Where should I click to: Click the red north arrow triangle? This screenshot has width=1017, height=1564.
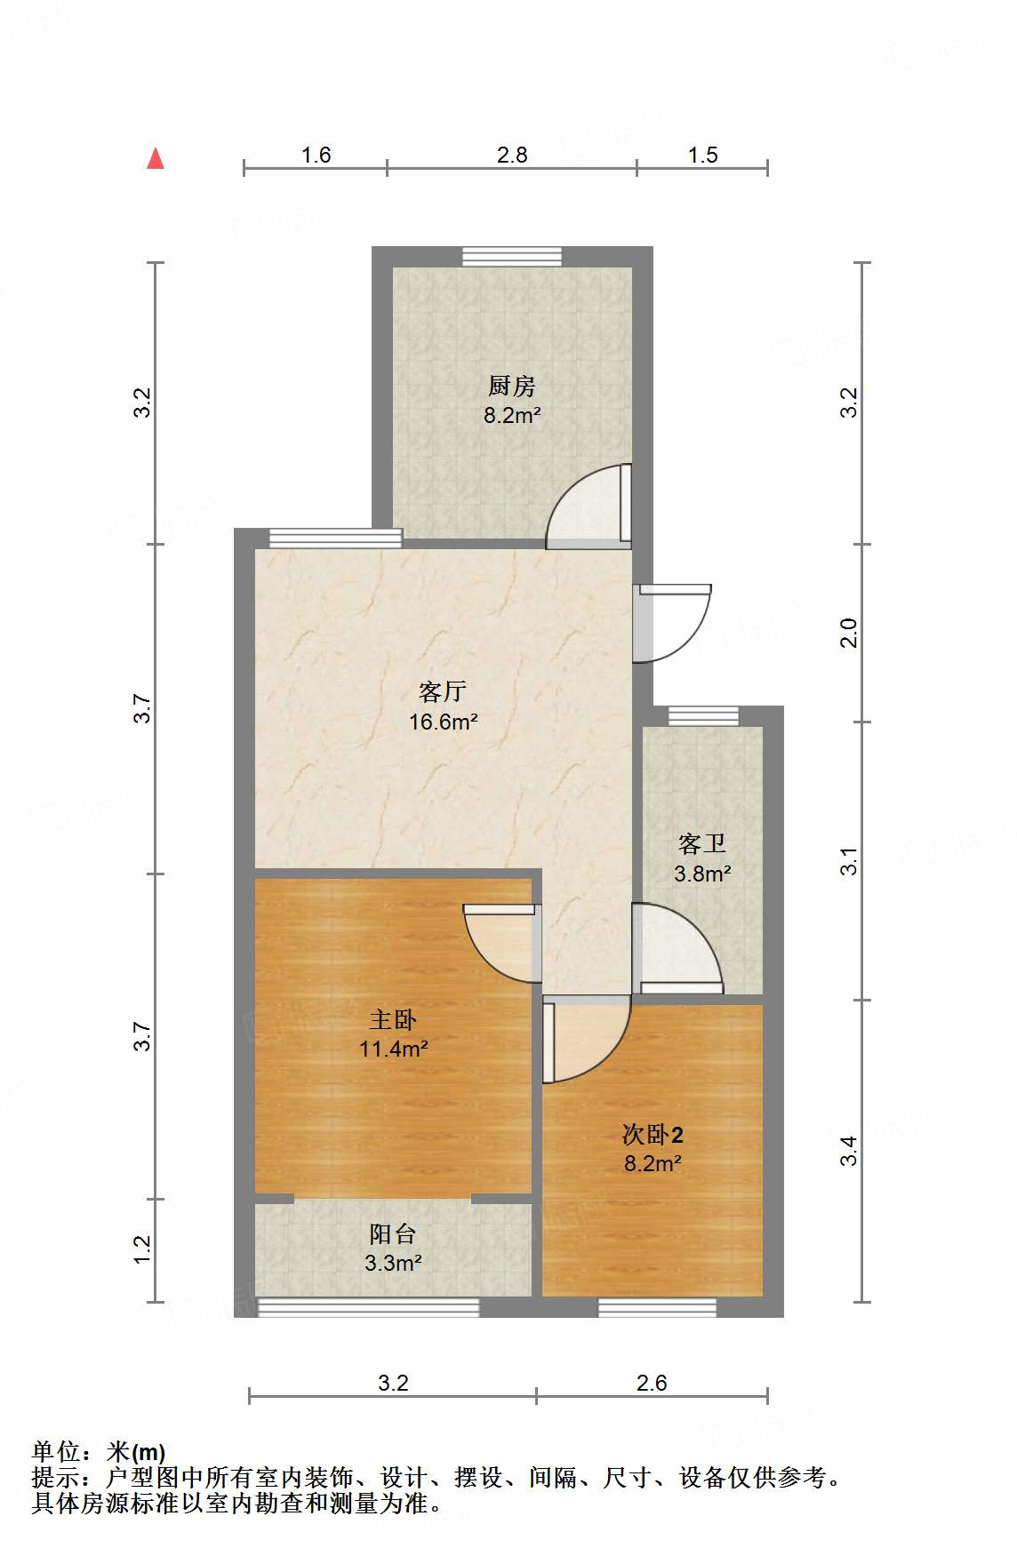156,158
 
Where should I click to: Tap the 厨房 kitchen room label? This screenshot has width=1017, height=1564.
511,387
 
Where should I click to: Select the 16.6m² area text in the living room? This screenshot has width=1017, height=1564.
443,722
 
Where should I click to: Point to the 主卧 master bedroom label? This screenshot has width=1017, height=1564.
393,1019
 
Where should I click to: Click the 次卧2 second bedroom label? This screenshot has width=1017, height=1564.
653,1135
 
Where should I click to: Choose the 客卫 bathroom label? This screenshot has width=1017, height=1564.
701,843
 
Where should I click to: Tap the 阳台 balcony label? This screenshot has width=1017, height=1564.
392,1233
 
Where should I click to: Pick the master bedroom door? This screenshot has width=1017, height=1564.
503,942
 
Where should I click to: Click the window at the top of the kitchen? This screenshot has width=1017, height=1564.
512,257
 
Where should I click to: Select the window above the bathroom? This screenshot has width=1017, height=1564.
703,715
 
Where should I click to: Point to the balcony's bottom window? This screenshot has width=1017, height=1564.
367,1307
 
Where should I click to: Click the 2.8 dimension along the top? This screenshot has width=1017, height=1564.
512,156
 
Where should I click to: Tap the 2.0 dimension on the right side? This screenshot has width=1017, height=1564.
849,633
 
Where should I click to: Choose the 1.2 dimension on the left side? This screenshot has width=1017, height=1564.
142,1249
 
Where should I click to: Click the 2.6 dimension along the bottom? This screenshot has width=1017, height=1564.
652,1383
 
